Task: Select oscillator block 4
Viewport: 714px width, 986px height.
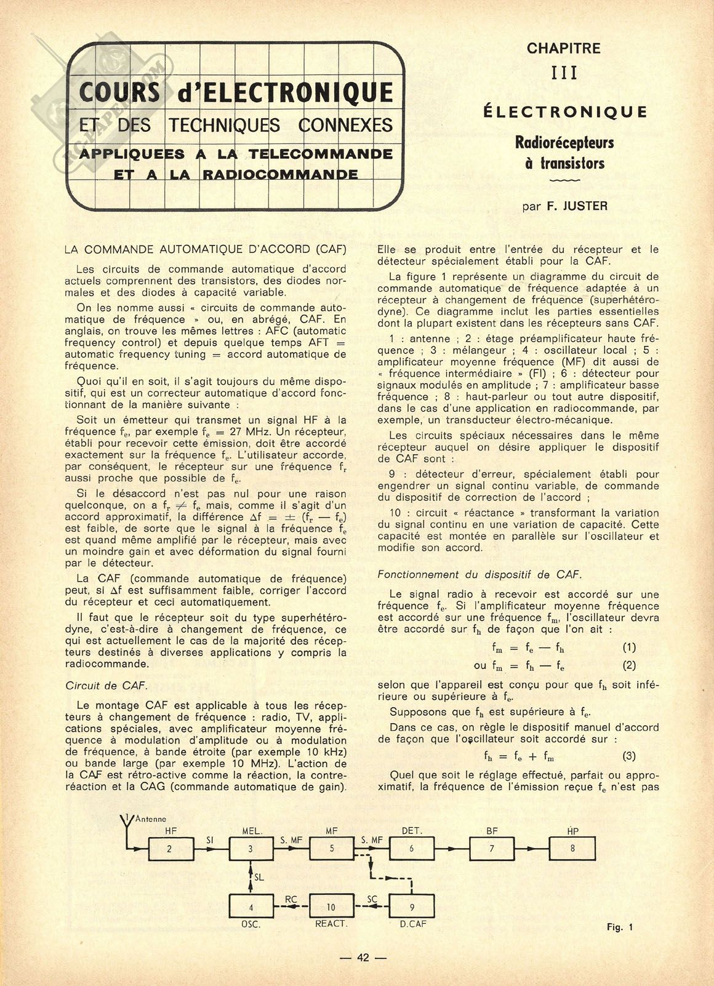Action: pyautogui.click(x=251, y=906)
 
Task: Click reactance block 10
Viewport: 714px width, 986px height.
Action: pyautogui.click(x=331, y=906)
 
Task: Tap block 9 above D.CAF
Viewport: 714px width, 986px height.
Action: pyautogui.click(x=411, y=906)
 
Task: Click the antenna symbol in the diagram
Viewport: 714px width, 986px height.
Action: pyautogui.click(x=126, y=825)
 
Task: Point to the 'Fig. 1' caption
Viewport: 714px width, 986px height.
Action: pyautogui.click(x=619, y=928)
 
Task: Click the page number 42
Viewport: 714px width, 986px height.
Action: pyautogui.click(x=363, y=957)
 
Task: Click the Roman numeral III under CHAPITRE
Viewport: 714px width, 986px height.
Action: pyautogui.click(x=564, y=73)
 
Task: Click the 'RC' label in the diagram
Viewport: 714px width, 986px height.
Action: pyautogui.click(x=291, y=899)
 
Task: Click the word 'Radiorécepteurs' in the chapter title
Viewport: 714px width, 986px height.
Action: pyautogui.click(x=564, y=143)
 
